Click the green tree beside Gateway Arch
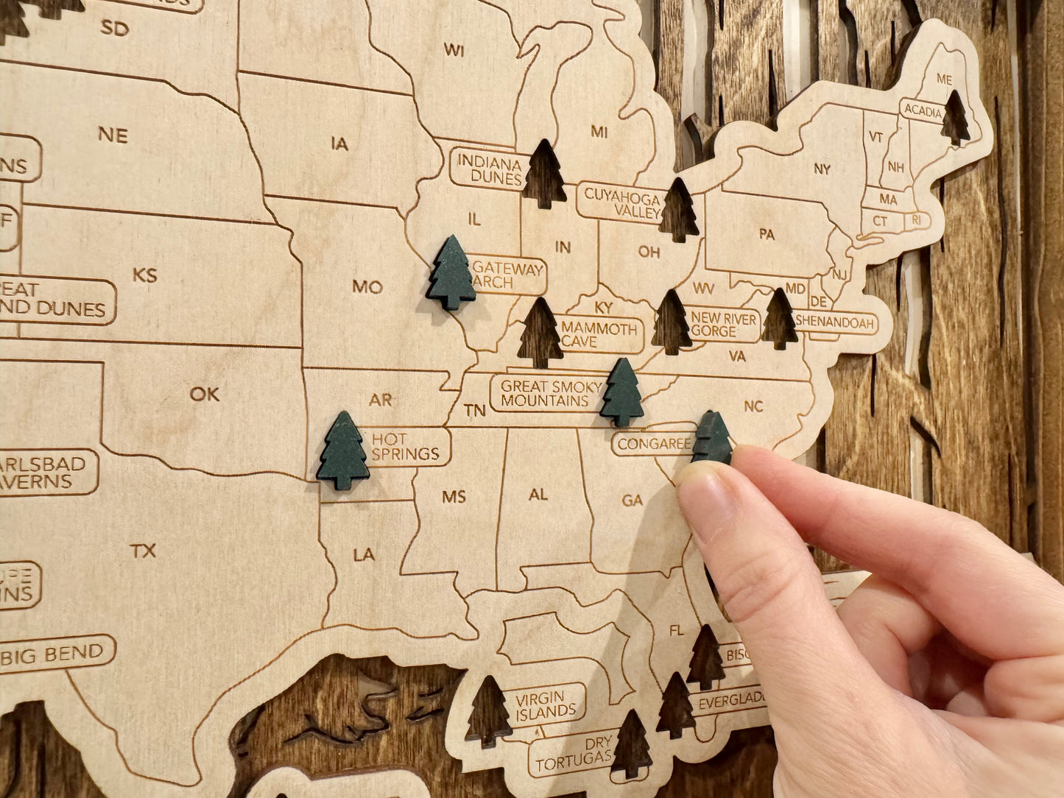point(451,273)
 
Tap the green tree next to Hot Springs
point(342,451)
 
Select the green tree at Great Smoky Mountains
point(621,393)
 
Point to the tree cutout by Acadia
point(955,118)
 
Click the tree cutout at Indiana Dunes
point(544,174)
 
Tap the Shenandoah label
point(835,322)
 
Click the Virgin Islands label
point(545,705)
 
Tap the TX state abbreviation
point(143,551)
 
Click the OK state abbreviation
point(204,395)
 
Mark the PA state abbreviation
point(767,235)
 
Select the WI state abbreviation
point(454,50)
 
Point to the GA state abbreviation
point(632,501)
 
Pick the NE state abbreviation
point(113,135)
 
